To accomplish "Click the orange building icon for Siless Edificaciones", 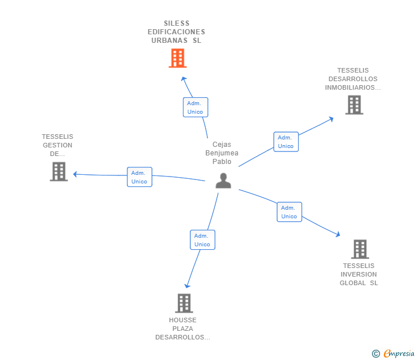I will pyautogui.click(x=178, y=58).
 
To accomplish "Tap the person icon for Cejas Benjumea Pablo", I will pyautogui.click(x=223, y=181).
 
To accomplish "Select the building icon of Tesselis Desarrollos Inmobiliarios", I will pyautogui.click(x=354, y=105).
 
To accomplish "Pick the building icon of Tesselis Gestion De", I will pyautogui.click(x=59, y=171).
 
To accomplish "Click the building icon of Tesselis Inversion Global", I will pyautogui.click(x=360, y=249).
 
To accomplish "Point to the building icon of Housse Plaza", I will pyautogui.click(x=183, y=303).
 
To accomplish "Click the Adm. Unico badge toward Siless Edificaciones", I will pyautogui.click(x=195, y=107).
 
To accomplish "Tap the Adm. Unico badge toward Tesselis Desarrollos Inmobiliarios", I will pyautogui.click(x=286, y=142).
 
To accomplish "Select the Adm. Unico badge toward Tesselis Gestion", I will pyautogui.click(x=139, y=177).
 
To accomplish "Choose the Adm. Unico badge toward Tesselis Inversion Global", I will pyautogui.click(x=289, y=212).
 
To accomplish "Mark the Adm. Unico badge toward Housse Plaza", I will pyautogui.click(x=202, y=240).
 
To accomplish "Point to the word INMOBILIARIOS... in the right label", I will pyautogui.click(x=353, y=88).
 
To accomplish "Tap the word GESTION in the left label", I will pyautogui.click(x=58, y=145).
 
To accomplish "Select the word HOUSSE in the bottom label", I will pyautogui.click(x=183, y=320).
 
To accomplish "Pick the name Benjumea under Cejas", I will pyautogui.click(x=222, y=153).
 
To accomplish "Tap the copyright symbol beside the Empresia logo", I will pyautogui.click(x=376, y=354).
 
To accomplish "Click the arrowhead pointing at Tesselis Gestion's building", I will pyautogui.click(x=75, y=174).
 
